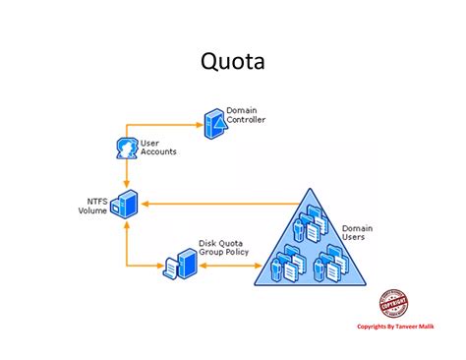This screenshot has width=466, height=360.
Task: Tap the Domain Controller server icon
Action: coord(212,121)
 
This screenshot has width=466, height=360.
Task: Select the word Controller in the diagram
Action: coord(245,120)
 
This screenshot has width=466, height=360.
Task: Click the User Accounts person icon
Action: coord(126,149)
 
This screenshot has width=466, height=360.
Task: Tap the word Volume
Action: coord(92,210)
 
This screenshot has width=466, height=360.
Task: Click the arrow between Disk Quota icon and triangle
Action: coord(228,266)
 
